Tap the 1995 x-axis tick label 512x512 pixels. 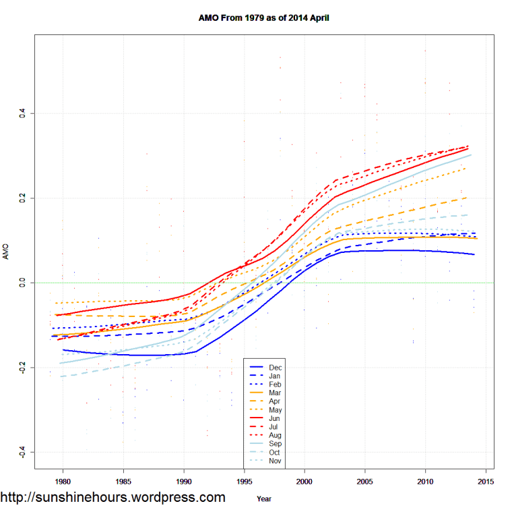coord(245,481)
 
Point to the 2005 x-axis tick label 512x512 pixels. coord(365,481)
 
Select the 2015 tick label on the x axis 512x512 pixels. coord(486,481)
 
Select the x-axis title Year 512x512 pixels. coord(265,499)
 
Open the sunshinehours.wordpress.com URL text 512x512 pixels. coord(113,498)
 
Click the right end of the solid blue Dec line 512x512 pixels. coord(474,254)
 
